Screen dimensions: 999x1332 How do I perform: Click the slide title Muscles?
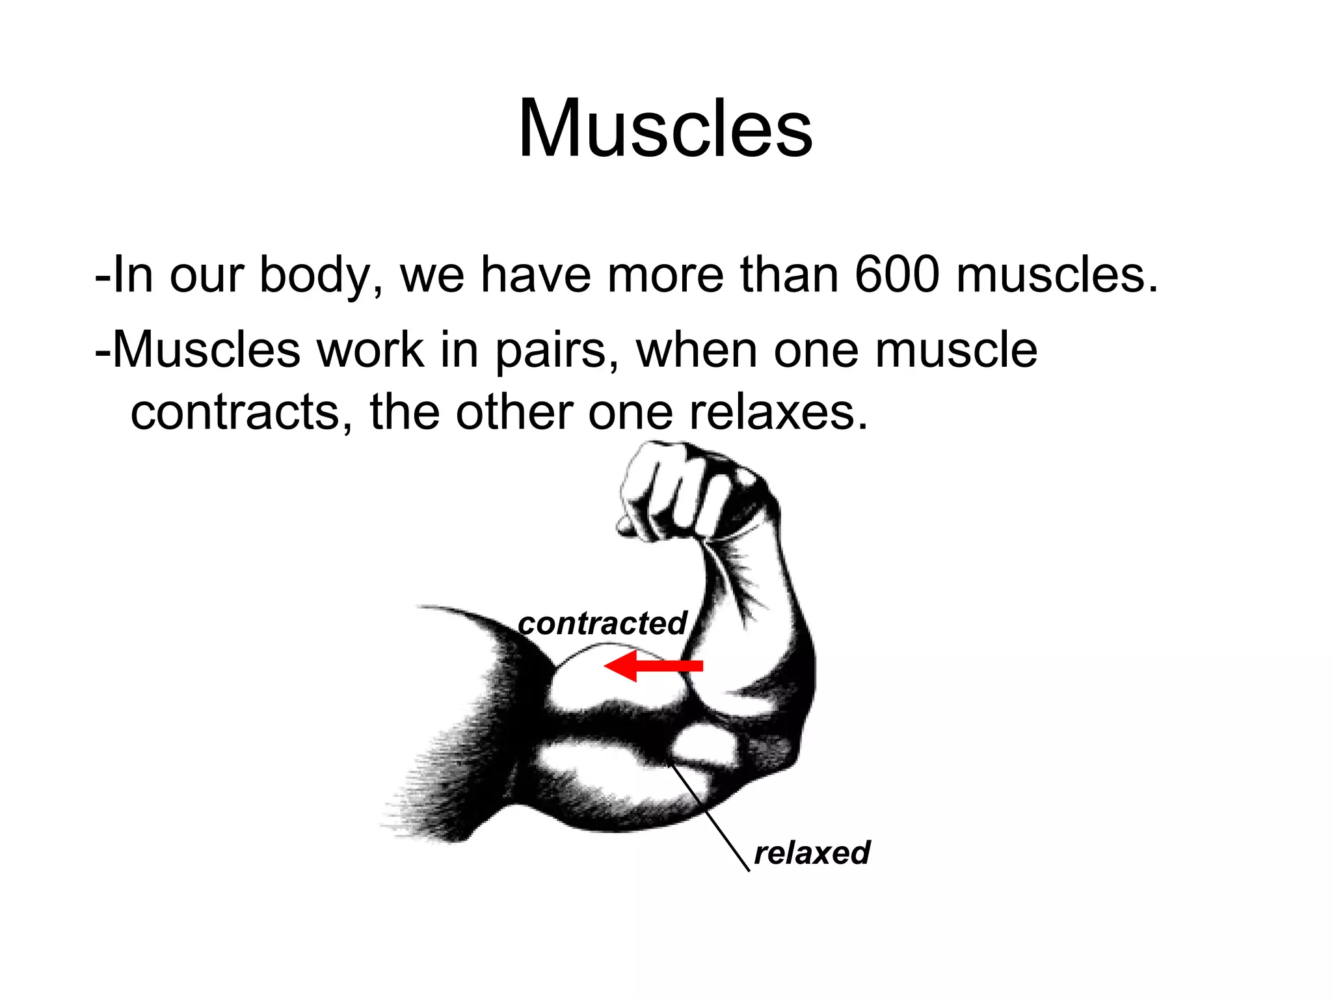click(665, 128)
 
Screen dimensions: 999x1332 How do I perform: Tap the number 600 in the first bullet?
click(897, 274)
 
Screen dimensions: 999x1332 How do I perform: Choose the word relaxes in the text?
click(778, 412)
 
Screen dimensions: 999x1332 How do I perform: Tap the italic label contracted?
click(602, 623)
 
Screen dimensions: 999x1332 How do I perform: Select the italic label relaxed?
click(811, 853)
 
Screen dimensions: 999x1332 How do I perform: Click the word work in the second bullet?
click(370, 350)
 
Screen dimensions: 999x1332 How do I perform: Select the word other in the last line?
click(514, 412)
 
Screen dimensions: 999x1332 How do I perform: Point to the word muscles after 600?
click(1057, 274)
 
